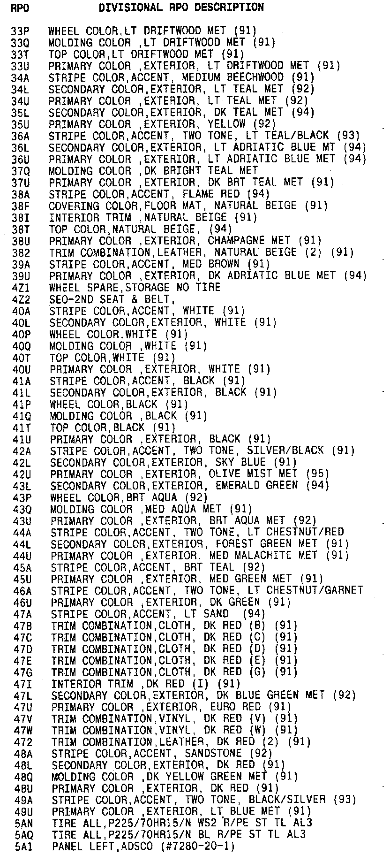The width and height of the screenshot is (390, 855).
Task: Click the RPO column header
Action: [x=19, y=8]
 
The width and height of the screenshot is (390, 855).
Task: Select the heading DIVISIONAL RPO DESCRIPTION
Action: [x=181, y=8]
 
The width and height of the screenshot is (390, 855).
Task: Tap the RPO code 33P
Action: [x=20, y=31]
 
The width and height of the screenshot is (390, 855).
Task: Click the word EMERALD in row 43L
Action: [x=237, y=486]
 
